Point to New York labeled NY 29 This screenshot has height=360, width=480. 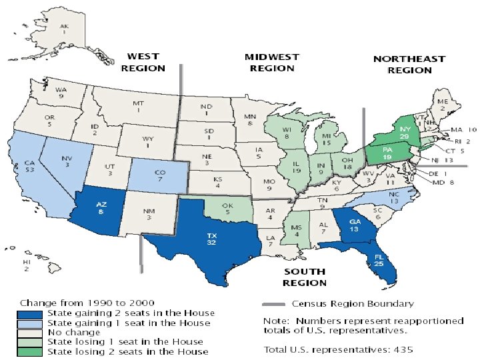[404, 131]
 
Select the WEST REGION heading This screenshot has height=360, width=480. [143, 63]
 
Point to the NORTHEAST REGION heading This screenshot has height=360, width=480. [409, 64]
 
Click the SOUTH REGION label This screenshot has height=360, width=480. [305, 277]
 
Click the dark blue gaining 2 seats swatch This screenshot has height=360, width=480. [32, 313]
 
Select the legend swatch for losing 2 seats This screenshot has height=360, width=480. [32, 351]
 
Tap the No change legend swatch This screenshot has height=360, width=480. [32, 332]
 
